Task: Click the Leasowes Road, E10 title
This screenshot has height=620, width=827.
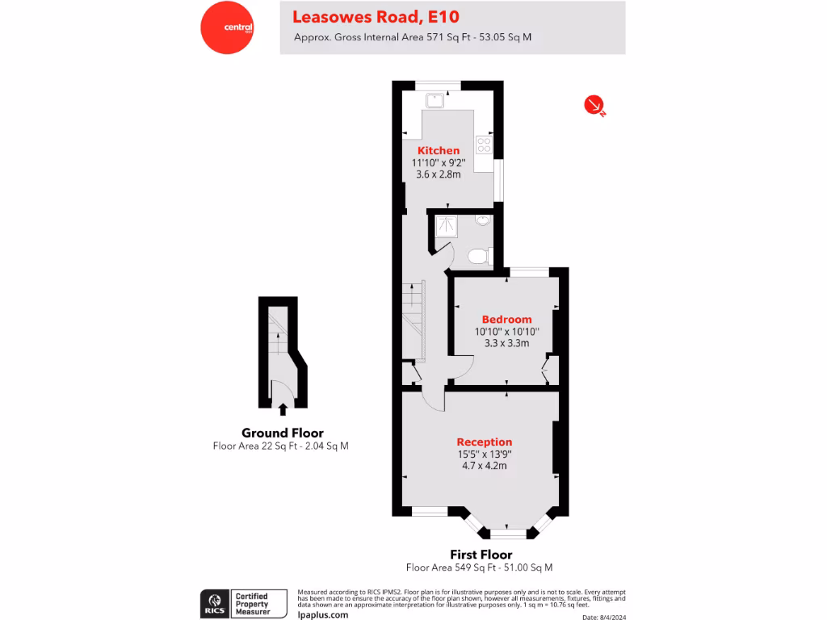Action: pyautogui.click(x=376, y=16)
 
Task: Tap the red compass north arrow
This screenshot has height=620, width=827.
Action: pyautogui.click(x=594, y=104)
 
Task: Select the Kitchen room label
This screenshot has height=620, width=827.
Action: pyautogui.click(x=439, y=151)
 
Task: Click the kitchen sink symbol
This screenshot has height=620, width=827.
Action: pyautogui.click(x=434, y=100)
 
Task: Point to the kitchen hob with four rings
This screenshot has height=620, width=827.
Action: pyautogui.click(x=485, y=145)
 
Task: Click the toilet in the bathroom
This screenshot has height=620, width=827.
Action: pyautogui.click(x=479, y=256)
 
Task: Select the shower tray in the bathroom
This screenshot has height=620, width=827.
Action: pyautogui.click(x=446, y=227)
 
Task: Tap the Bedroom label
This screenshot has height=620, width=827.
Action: pyautogui.click(x=506, y=319)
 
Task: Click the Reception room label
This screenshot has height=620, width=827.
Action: pyautogui.click(x=485, y=442)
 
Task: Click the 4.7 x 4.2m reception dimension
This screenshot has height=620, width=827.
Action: pyautogui.click(x=485, y=465)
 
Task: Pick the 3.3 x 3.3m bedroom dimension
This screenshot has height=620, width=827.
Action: pyautogui.click(x=506, y=342)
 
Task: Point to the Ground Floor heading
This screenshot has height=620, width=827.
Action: pyautogui.click(x=283, y=433)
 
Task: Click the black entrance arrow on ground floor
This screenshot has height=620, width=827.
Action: pyautogui.click(x=283, y=409)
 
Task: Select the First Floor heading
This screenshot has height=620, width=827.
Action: pyautogui.click(x=481, y=555)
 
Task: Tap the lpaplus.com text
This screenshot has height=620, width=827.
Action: pyautogui.click(x=323, y=614)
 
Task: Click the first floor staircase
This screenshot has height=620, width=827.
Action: pyautogui.click(x=413, y=319)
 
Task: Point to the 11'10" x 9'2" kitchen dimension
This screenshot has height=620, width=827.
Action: pyautogui.click(x=439, y=162)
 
